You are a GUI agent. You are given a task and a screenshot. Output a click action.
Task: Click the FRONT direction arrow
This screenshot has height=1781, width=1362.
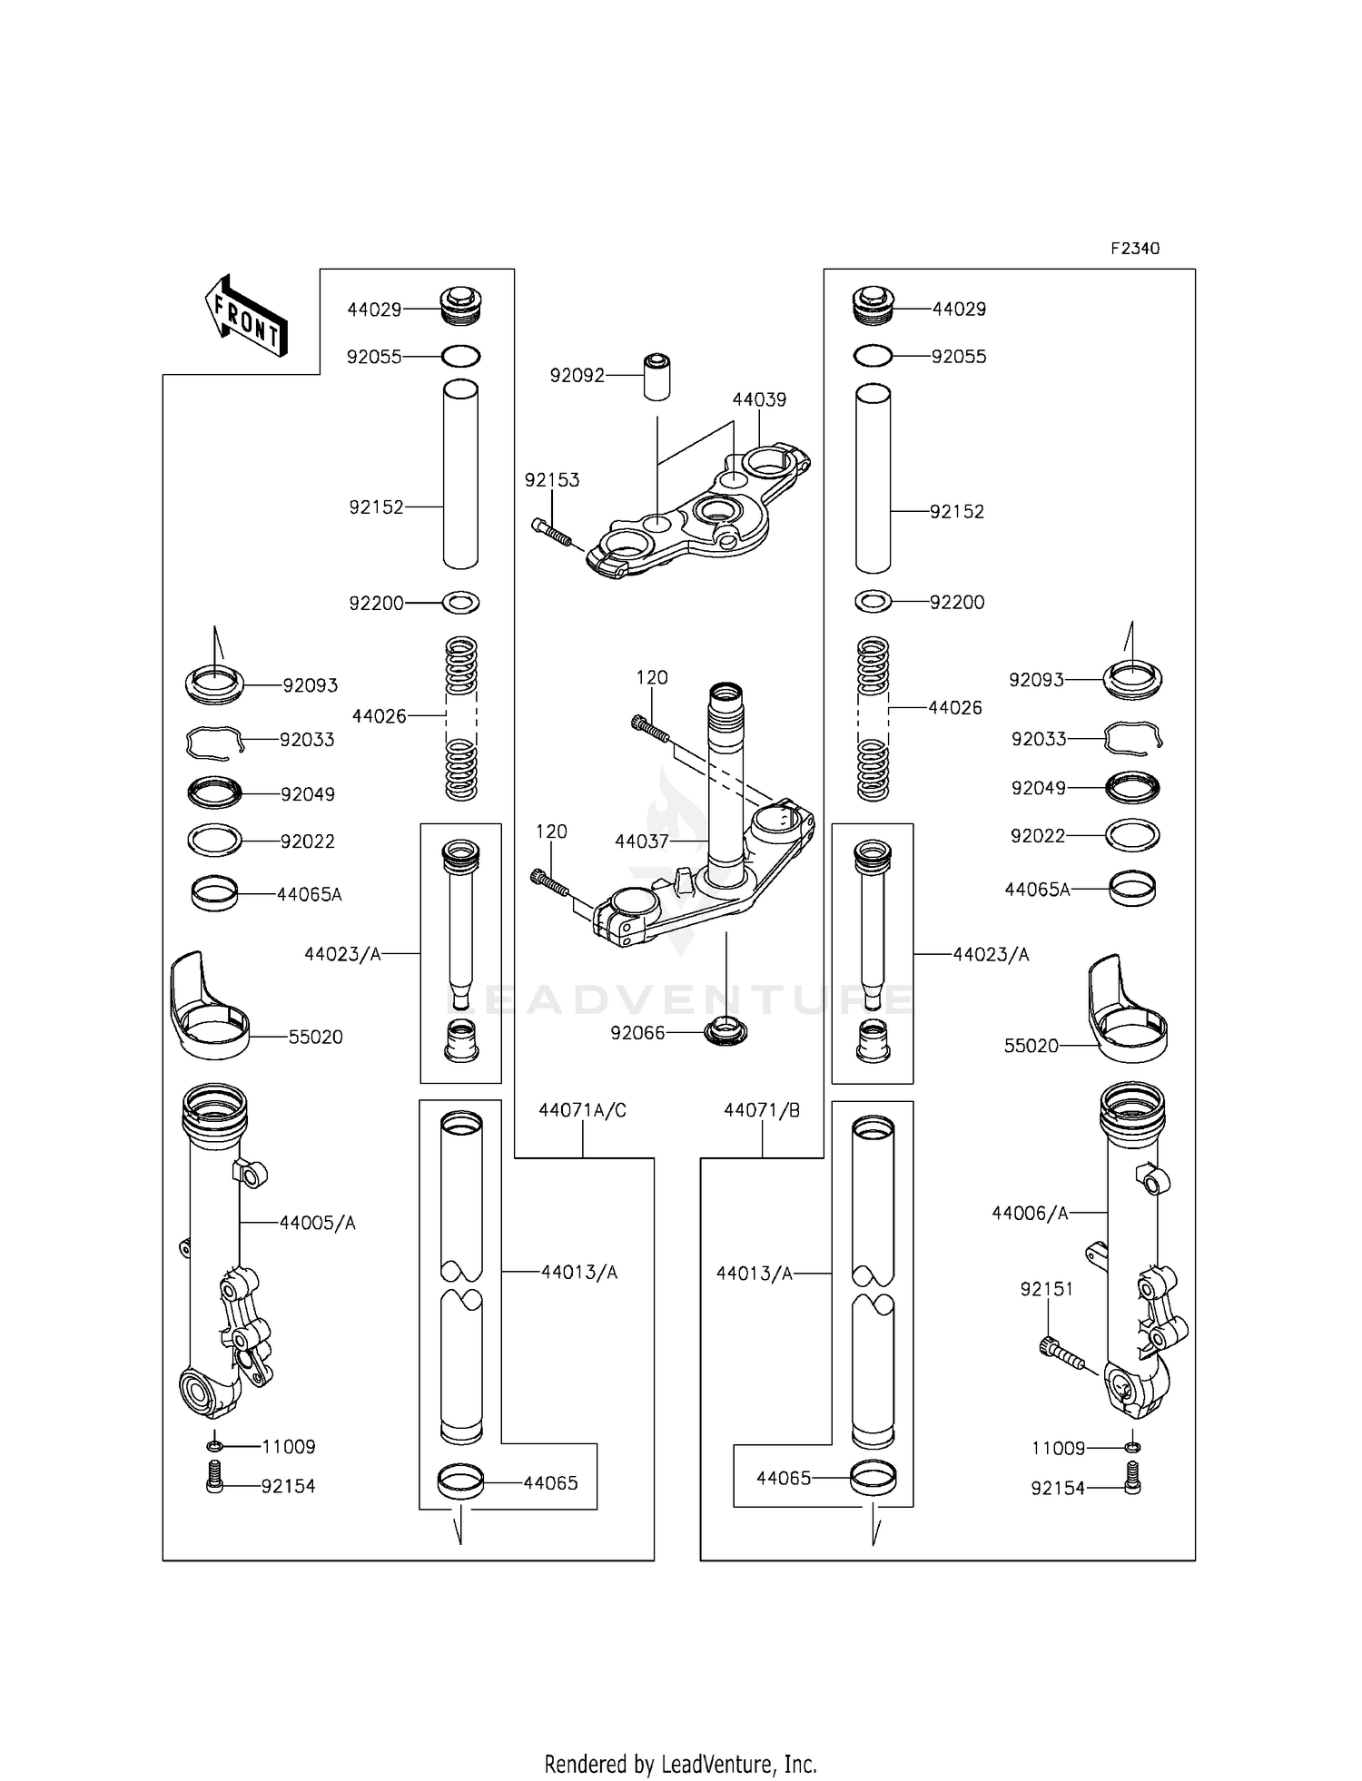246,315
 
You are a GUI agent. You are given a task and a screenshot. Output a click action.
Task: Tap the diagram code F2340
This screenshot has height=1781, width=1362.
1134,249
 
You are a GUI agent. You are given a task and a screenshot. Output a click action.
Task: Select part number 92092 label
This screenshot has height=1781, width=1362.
577,375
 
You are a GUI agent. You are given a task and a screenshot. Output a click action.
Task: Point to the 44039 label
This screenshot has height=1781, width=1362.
759,399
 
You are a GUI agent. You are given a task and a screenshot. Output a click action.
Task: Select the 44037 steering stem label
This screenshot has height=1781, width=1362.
641,841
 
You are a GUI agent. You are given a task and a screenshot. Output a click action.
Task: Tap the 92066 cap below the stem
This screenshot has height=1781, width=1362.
725,1032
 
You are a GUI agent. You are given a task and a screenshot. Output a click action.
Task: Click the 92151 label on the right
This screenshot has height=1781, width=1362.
1046,1289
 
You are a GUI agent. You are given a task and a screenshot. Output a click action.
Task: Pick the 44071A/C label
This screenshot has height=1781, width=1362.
582,1110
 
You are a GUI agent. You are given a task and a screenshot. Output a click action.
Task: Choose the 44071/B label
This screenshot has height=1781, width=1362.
762,1110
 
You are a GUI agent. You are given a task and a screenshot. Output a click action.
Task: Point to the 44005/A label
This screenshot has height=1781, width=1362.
317,1223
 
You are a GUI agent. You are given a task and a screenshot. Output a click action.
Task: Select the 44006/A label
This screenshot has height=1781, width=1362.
1030,1213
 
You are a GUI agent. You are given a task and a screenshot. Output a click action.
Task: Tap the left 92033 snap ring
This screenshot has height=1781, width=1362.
215,742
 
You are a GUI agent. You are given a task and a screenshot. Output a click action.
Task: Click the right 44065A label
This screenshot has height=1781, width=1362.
1037,890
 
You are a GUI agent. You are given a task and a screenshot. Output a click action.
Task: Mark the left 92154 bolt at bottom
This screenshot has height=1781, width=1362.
215,1485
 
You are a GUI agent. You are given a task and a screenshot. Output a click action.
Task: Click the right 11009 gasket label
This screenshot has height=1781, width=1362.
1058,1448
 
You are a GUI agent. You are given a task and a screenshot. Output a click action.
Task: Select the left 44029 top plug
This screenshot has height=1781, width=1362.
461,307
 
